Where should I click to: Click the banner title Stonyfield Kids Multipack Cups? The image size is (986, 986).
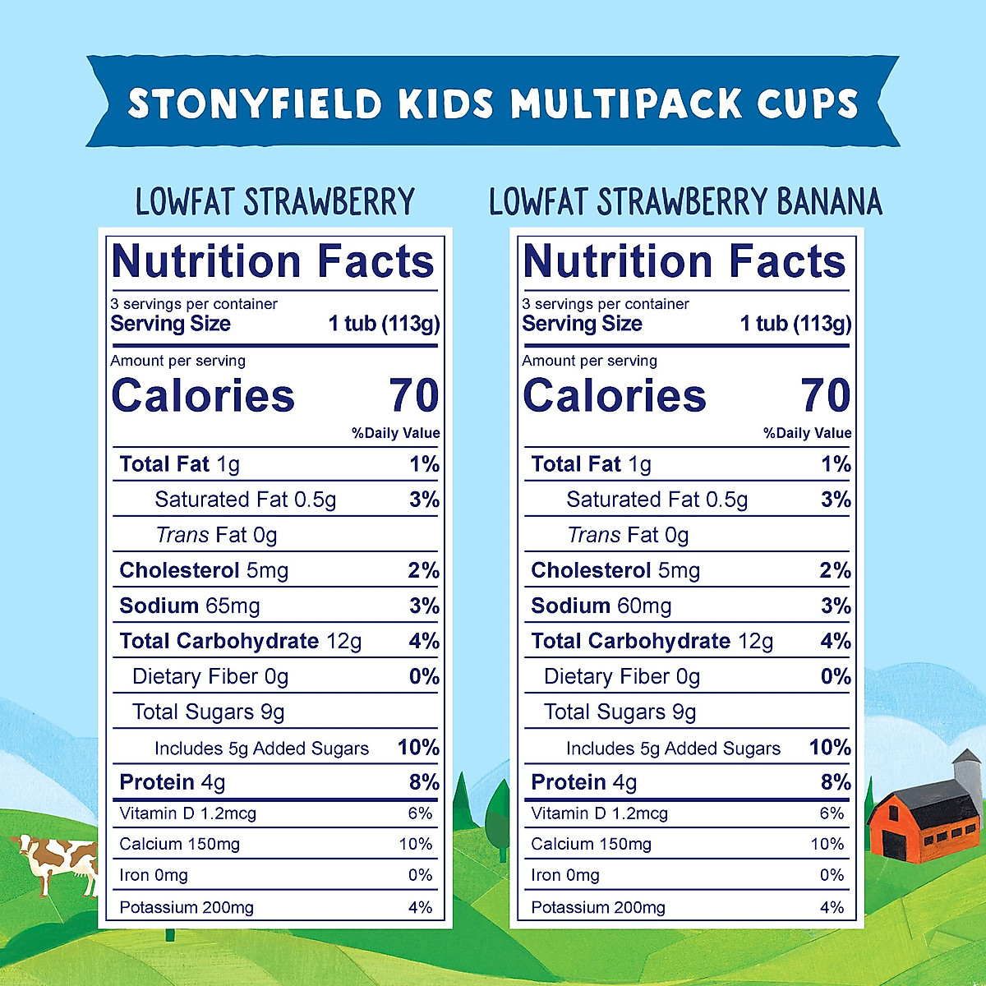493,104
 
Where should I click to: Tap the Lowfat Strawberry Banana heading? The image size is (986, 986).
685,202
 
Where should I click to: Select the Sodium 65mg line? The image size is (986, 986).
190,606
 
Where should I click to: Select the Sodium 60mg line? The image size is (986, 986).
601,606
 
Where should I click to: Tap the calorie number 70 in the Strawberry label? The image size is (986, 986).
414,396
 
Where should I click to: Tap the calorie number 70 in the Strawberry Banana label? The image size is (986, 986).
826,396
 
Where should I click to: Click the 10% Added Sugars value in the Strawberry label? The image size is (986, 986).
418,748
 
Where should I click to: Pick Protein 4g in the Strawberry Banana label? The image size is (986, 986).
584,782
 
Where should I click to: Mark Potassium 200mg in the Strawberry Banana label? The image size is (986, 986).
598,908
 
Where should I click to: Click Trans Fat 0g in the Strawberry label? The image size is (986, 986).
216,536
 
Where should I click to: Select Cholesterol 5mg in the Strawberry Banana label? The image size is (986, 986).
615,571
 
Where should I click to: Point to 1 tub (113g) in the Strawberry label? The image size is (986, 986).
384,324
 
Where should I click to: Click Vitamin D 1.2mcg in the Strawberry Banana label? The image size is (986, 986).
599,814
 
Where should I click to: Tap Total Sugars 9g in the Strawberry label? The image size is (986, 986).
209,712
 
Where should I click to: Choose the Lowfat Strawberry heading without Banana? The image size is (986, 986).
274,202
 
